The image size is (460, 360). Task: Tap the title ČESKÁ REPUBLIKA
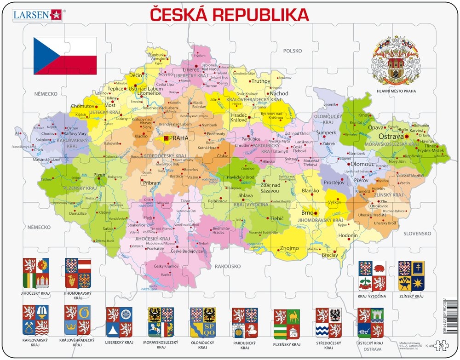tap(230, 15)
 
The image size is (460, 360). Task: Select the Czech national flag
tap(65, 56)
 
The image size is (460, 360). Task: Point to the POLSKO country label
tap(292, 51)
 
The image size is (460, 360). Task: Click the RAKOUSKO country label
tap(228, 266)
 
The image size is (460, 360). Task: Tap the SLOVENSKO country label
tap(417, 234)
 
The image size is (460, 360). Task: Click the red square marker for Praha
tap(166, 138)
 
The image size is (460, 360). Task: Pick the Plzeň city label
tap(100, 175)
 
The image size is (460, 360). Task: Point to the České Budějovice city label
tap(187, 251)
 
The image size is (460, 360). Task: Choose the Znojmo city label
tap(289, 249)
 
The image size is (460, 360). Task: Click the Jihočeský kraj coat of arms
tap(36, 274)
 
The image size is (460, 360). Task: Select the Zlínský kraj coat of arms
tap(411, 276)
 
